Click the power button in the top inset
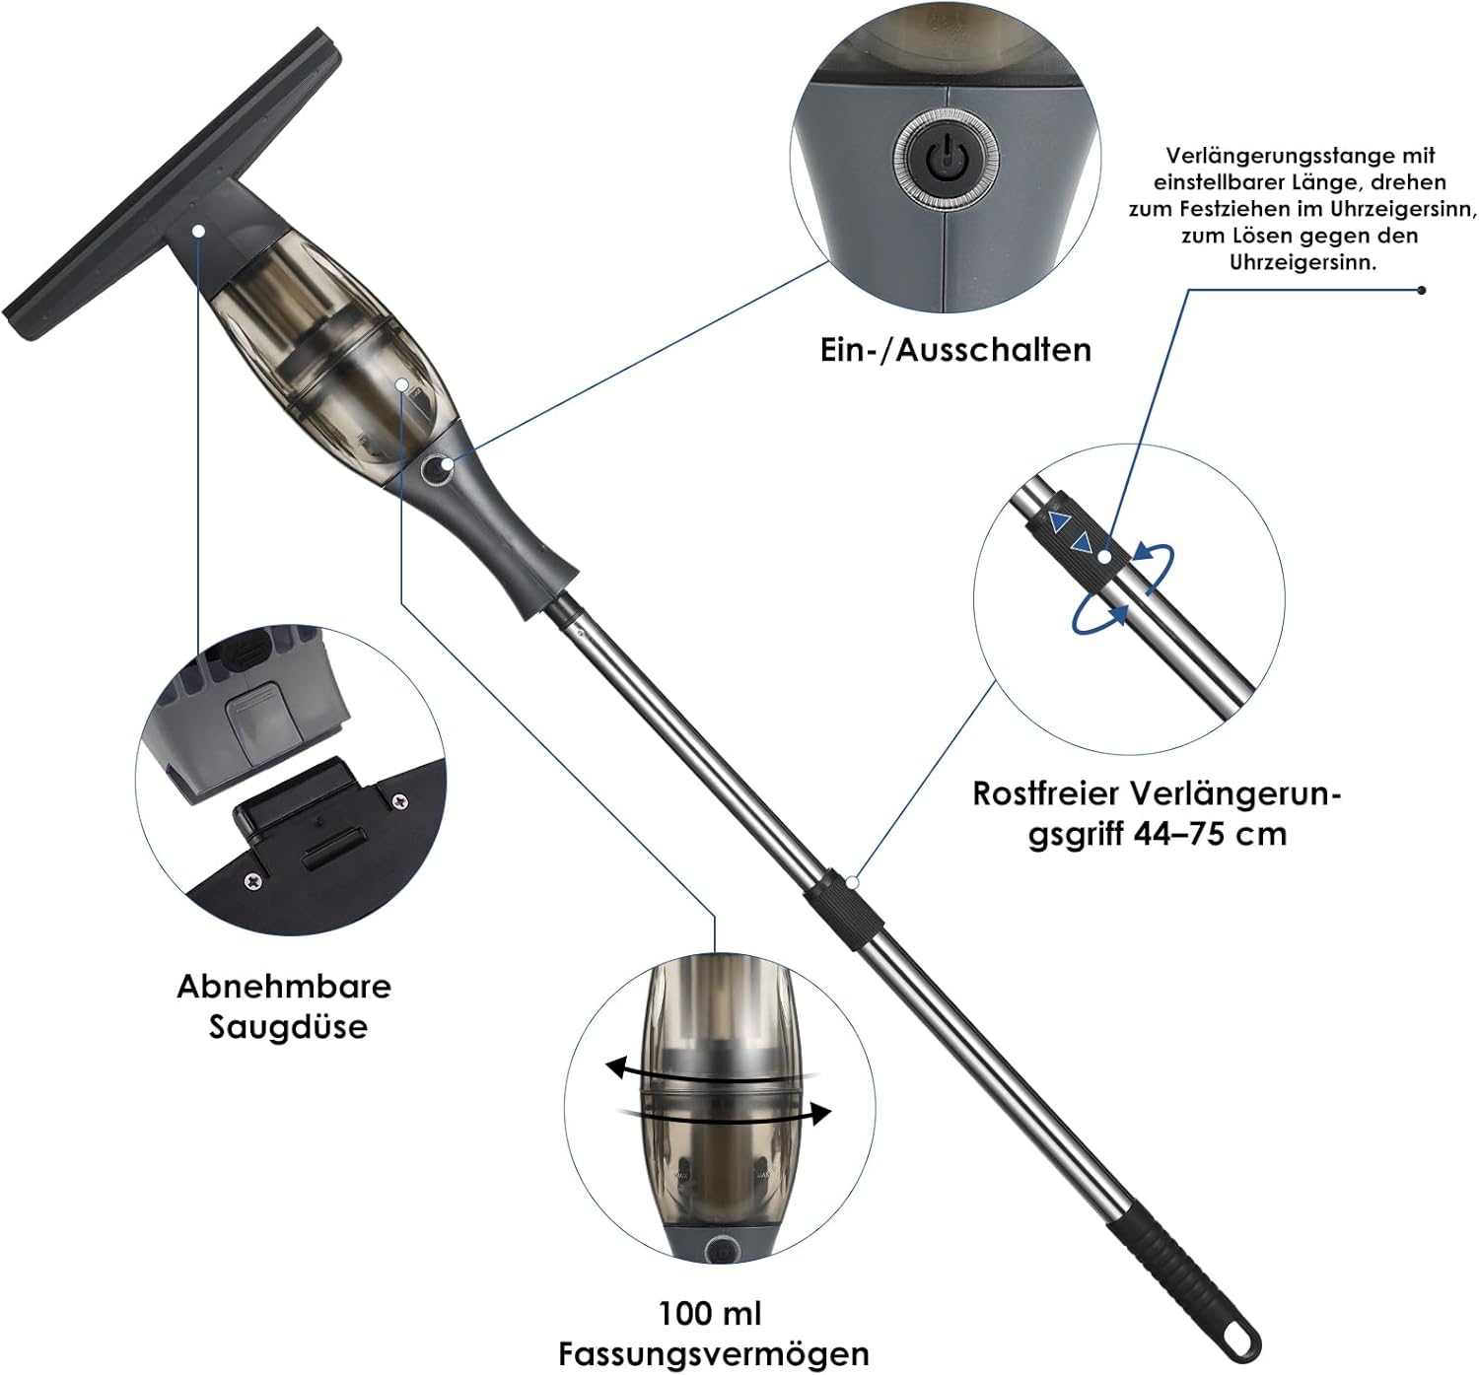pyautogui.click(x=946, y=160)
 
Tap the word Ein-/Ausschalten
pyautogui.click(x=955, y=350)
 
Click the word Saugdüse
pyautogui.click(x=288, y=1028)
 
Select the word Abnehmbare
pyautogui.click(x=284, y=987)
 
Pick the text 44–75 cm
pyautogui.click(x=1210, y=835)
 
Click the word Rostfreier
pyautogui.click(x=1048, y=793)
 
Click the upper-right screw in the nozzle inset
pyautogui.click(x=400, y=800)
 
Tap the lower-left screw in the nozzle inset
pyautogui.click(x=253, y=880)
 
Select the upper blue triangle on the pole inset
pyautogui.click(x=1058, y=521)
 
